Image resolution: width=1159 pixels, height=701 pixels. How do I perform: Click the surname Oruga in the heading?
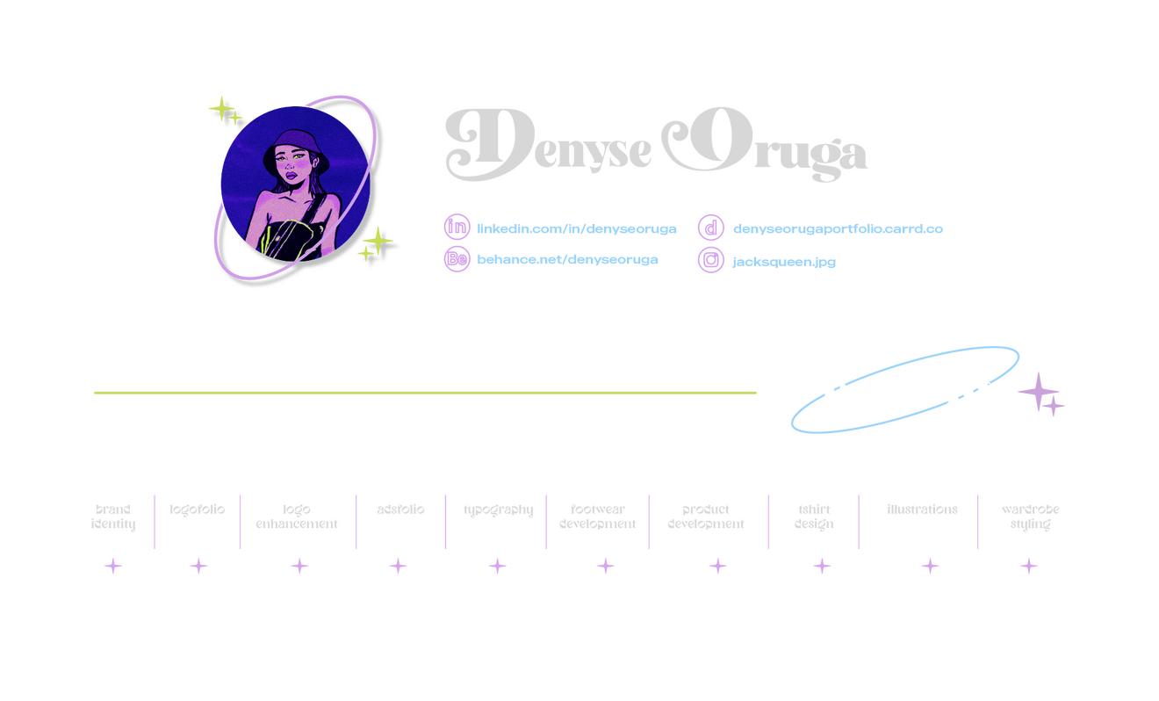(764, 146)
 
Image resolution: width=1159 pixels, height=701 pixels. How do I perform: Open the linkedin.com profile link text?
(577, 228)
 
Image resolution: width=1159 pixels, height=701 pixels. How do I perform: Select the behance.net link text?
(567, 260)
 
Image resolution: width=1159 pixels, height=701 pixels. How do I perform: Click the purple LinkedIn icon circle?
(457, 227)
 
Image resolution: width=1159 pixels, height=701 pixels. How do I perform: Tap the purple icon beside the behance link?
(457, 259)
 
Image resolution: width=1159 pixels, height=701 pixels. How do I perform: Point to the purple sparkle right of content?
(1041, 394)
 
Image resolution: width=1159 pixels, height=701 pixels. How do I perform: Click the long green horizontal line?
(425, 393)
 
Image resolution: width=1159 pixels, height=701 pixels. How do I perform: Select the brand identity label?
(112, 517)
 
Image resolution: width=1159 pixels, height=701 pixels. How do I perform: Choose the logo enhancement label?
(297, 517)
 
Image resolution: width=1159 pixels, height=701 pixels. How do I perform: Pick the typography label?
(498, 509)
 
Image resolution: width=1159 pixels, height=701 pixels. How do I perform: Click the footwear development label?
(597, 517)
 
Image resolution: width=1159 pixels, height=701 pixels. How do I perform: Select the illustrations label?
(922, 509)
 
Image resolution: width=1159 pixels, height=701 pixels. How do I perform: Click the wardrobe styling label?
(1029, 517)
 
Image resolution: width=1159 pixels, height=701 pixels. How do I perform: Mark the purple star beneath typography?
(498, 567)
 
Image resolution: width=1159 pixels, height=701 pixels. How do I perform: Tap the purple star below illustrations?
(931, 567)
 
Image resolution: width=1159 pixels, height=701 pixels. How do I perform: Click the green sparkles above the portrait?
(225, 110)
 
